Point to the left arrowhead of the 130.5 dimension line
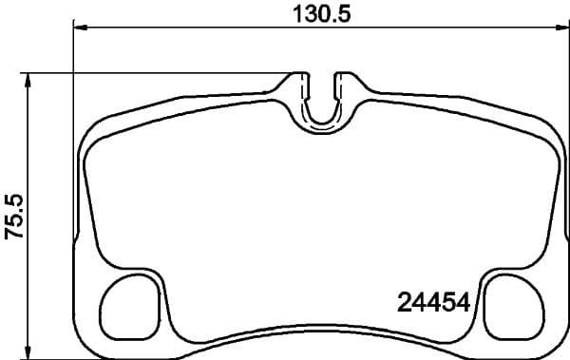pyautogui.click(x=81, y=28)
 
